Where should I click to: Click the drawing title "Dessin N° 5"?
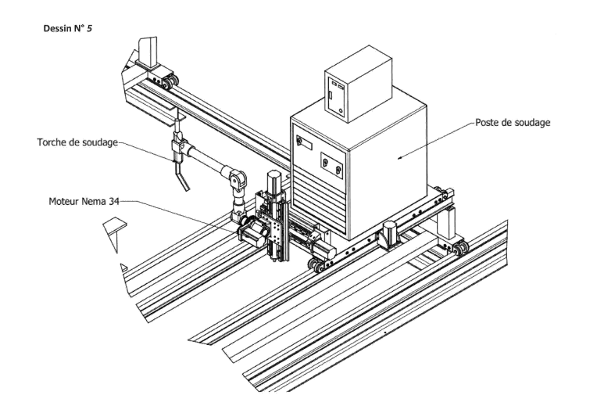pyautogui.click(x=68, y=28)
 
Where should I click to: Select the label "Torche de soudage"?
pyautogui.click(x=77, y=142)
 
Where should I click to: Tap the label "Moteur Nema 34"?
pyautogui.click(x=84, y=201)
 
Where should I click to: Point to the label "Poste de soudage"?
pyautogui.click(x=513, y=122)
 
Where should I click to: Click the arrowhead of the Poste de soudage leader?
pyautogui.click(x=399, y=156)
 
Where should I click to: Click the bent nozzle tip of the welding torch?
pyautogui.click(x=183, y=181)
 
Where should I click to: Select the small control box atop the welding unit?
pyautogui.click(x=358, y=84)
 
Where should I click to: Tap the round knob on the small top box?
pyautogui.click(x=341, y=111)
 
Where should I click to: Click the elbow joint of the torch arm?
pyautogui.click(x=237, y=178)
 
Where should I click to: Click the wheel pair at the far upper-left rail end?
pyautogui.click(x=170, y=81)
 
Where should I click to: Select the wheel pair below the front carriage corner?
pyautogui.click(x=316, y=265)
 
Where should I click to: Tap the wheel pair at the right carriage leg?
pyautogui.click(x=461, y=248)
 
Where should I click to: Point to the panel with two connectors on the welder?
pyautogui.click(x=332, y=165)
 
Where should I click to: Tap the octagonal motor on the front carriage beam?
pyautogui.click(x=389, y=235)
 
